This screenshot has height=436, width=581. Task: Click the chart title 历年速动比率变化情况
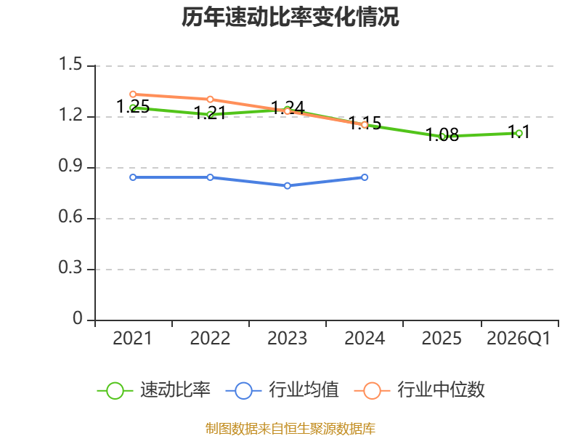[x=290, y=17]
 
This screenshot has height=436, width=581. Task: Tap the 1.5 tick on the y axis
[x=70, y=64]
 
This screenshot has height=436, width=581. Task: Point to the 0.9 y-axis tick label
[x=70, y=166]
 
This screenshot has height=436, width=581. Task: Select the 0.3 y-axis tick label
[x=70, y=267]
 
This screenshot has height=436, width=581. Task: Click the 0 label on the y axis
[x=78, y=318]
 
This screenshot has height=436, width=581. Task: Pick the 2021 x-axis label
[x=133, y=339]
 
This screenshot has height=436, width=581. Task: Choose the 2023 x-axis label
[x=287, y=339]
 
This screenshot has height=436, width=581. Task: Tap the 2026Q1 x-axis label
[x=519, y=339]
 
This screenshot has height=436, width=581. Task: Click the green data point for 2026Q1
[x=519, y=134]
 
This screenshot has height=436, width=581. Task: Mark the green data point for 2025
[x=442, y=137]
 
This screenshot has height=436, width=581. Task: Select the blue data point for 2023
[x=287, y=186]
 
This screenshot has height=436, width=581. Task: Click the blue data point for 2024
[x=365, y=177]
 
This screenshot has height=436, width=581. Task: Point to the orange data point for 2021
[x=133, y=94]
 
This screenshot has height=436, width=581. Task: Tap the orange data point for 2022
[x=210, y=100]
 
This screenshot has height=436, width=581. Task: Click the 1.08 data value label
[x=442, y=134]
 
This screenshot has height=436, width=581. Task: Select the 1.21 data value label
[x=210, y=113]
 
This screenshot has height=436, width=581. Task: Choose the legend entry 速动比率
[x=153, y=390]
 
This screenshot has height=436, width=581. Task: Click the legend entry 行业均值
[x=282, y=390]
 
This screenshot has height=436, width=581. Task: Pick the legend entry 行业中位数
[x=420, y=390]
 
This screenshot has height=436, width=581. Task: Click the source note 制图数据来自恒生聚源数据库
[x=290, y=429]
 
